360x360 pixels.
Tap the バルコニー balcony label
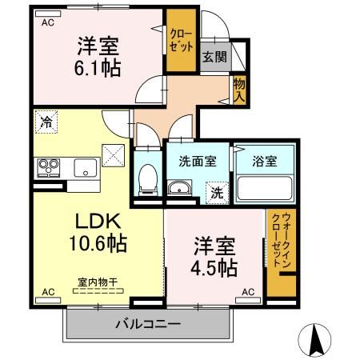(x=147, y=325)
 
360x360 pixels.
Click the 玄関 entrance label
(x=213, y=57)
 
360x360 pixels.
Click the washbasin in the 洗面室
(x=179, y=189)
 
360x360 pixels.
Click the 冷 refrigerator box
(x=46, y=123)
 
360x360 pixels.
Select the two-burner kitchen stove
(x=47, y=167)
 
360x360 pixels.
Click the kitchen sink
(x=85, y=167)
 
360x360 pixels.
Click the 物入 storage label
(x=238, y=89)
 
